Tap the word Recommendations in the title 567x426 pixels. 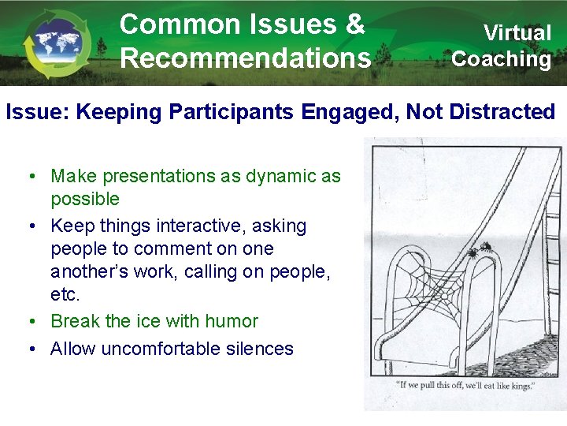tap(245, 57)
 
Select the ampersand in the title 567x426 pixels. tap(354, 24)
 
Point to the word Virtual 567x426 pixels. tap(517, 32)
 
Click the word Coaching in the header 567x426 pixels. tap(502, 58)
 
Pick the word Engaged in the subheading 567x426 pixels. tap(354, 112)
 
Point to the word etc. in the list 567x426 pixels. tap(65, 295)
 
